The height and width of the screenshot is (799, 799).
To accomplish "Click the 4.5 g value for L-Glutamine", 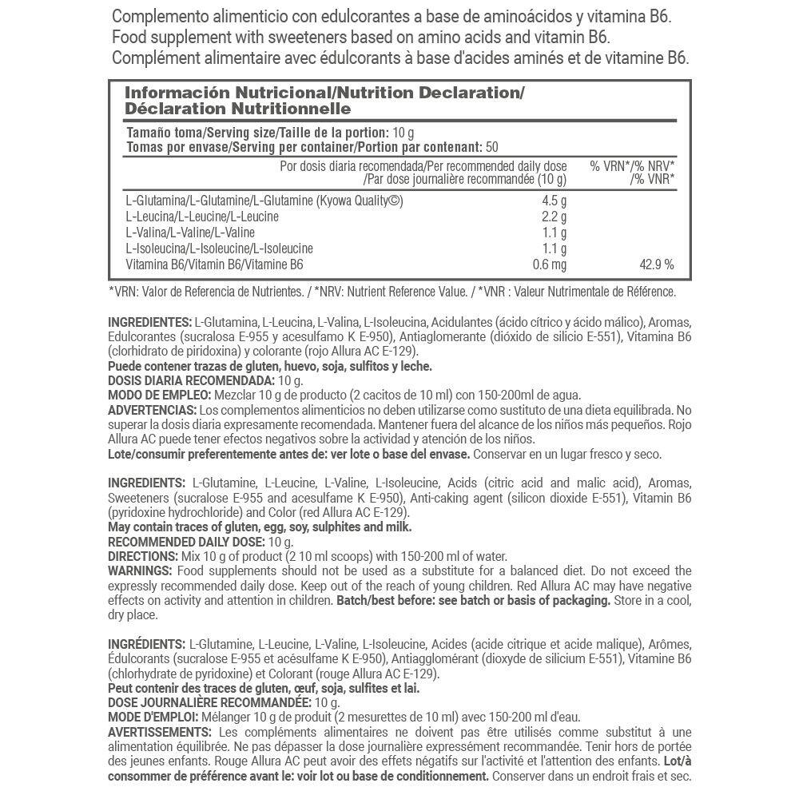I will (x=554, y=201).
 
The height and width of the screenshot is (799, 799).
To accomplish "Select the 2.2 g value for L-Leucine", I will (x=554, y=217).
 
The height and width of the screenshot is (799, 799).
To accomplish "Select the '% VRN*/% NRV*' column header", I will (x=632, y=166).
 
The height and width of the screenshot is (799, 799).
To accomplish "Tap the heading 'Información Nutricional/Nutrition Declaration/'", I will (x=324, y=93).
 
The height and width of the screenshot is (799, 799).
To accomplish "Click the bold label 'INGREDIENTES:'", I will (x=149, y=322).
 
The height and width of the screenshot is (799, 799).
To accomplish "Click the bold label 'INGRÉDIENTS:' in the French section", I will (x=146, y=644).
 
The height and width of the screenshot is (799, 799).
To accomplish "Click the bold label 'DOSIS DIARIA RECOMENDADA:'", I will (x=190, y=380).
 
